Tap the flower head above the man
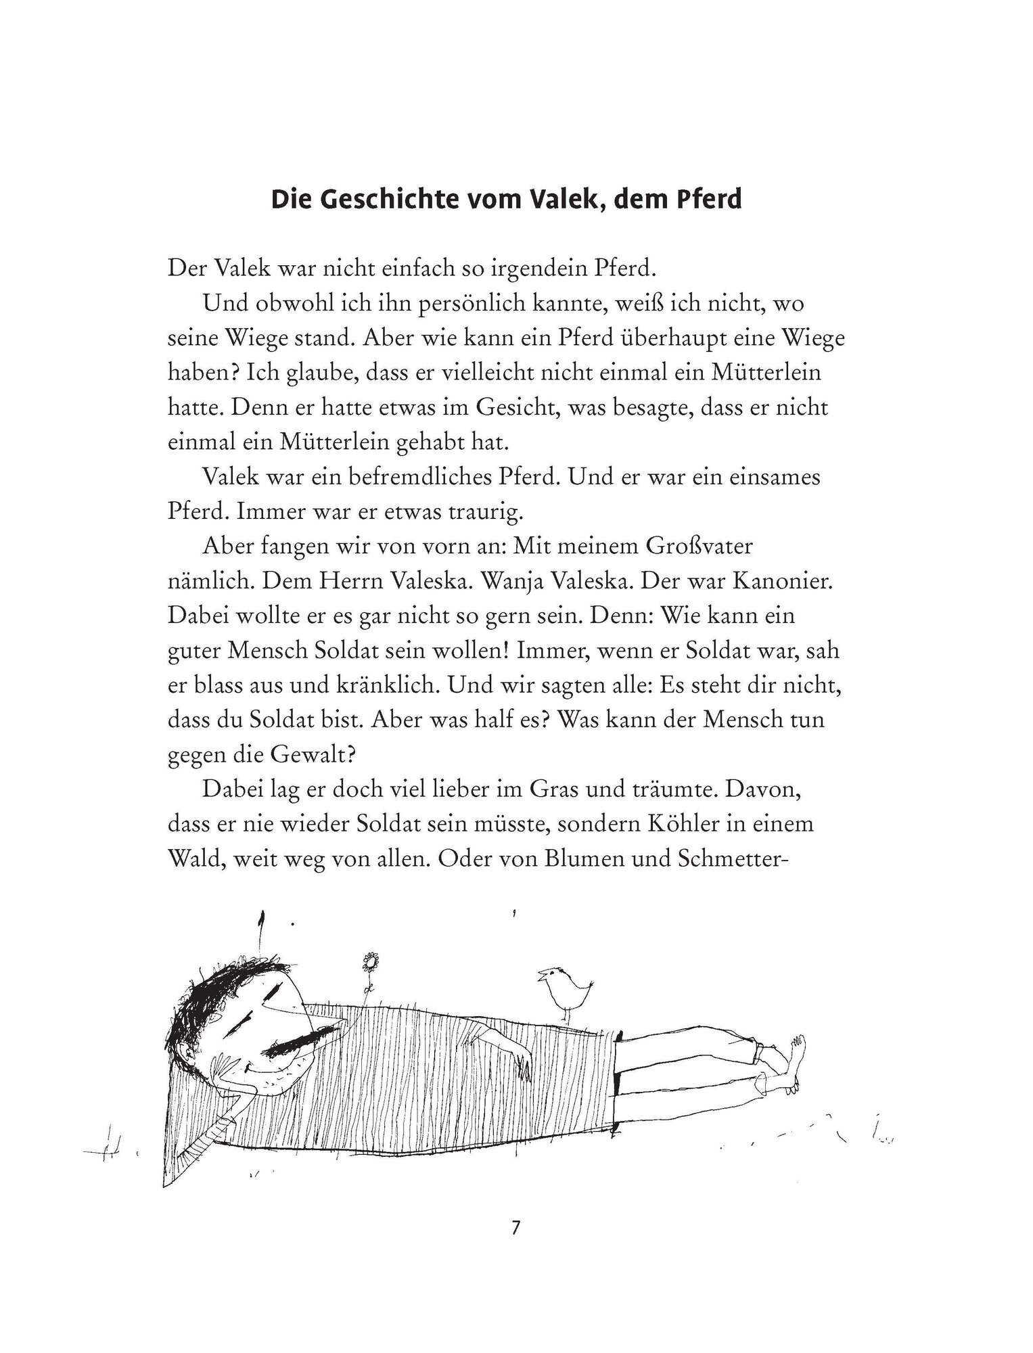point(369,961)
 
